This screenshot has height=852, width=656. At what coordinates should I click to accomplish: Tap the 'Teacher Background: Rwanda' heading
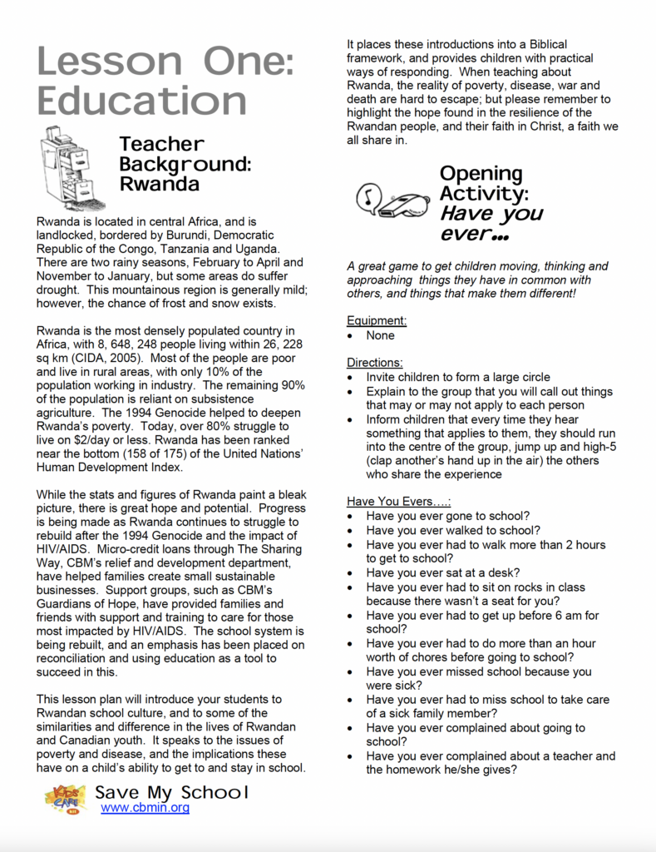click(x=185, y=164)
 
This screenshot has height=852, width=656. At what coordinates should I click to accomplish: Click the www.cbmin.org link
click(x=145, y=807)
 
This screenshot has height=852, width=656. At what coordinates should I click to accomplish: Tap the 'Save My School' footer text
click(x=171, y=791)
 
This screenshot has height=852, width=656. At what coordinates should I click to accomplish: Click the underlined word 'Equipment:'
click(x=377, y=320)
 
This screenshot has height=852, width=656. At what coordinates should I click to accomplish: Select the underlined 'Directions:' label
click(x=375, y=363)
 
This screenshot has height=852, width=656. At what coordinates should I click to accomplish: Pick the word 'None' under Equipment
click(x=381, y=335)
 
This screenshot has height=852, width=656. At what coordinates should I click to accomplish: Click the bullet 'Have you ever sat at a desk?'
click(x=443, y=572)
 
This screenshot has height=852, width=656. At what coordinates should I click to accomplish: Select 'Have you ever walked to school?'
click(x=453, y=530)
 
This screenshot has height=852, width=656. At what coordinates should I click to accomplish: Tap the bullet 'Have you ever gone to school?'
click(x=448, y=516)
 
